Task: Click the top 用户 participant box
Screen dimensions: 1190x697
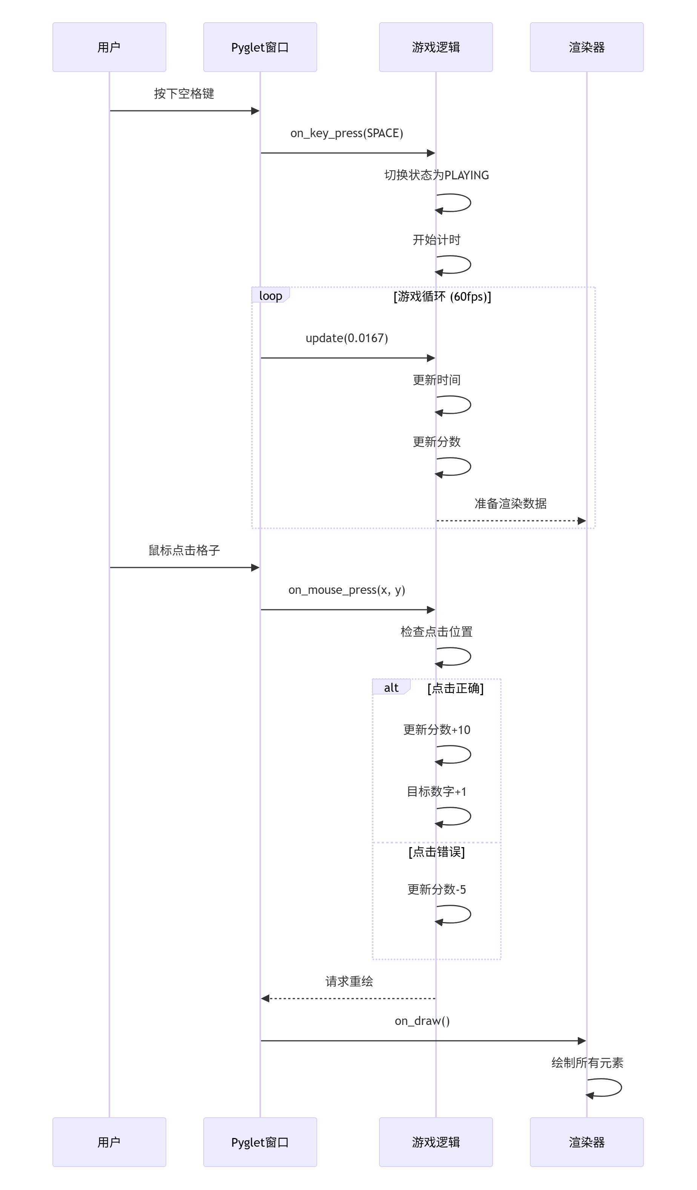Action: [x=109, y=47]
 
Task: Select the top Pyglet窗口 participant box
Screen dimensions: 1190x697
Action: [x=260, y=47]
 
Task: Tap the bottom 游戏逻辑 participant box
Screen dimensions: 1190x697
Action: [x=436, y=1142]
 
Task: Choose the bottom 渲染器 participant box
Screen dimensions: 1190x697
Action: [x=586, y=1142]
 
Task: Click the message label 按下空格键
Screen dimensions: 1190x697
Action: [x=184, y=94]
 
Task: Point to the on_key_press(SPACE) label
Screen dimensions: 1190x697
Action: [x=346, y=133]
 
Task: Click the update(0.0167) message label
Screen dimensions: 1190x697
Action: [x=346, y=338]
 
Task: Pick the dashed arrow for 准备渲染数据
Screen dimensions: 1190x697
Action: [x=510, y=521]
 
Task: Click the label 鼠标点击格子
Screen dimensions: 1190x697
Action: [x=184, y=550]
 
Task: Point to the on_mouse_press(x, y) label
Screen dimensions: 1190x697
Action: [x=346, y=590]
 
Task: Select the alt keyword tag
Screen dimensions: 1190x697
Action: [x=391, y=688]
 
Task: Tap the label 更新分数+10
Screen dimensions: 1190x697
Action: [x=437, y=730]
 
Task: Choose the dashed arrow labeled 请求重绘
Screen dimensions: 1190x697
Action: [x=348, y=999]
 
